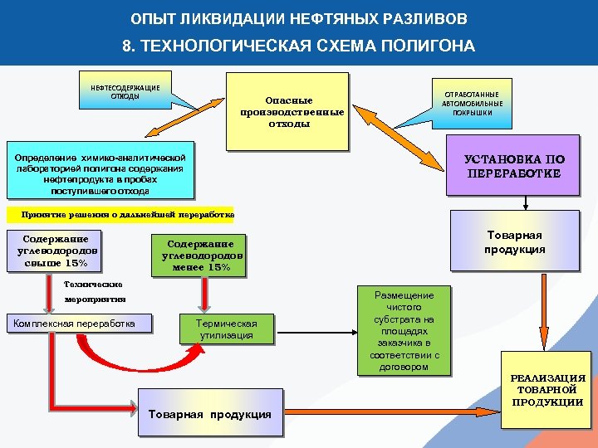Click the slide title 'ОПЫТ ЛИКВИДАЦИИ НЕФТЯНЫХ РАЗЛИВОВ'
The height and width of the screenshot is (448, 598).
click(299, 18)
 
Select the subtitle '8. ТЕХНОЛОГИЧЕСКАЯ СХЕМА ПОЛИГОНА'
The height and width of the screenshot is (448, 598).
click(299, 46)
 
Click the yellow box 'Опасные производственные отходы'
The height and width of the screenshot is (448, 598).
click(287, 111)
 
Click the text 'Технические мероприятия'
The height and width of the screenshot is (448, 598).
click(95, 290)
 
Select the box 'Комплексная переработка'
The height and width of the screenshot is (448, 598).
click(80, 323)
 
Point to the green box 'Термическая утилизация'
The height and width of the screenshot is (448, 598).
click(227, 329)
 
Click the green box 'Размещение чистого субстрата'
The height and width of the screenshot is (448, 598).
click(404, 330)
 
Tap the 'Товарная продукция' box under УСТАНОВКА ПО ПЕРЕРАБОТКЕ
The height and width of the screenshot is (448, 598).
click(515, 241)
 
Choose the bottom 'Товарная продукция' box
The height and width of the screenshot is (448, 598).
click(209, 412)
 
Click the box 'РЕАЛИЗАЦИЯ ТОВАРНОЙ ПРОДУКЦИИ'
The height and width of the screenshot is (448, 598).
click(547, 390)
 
